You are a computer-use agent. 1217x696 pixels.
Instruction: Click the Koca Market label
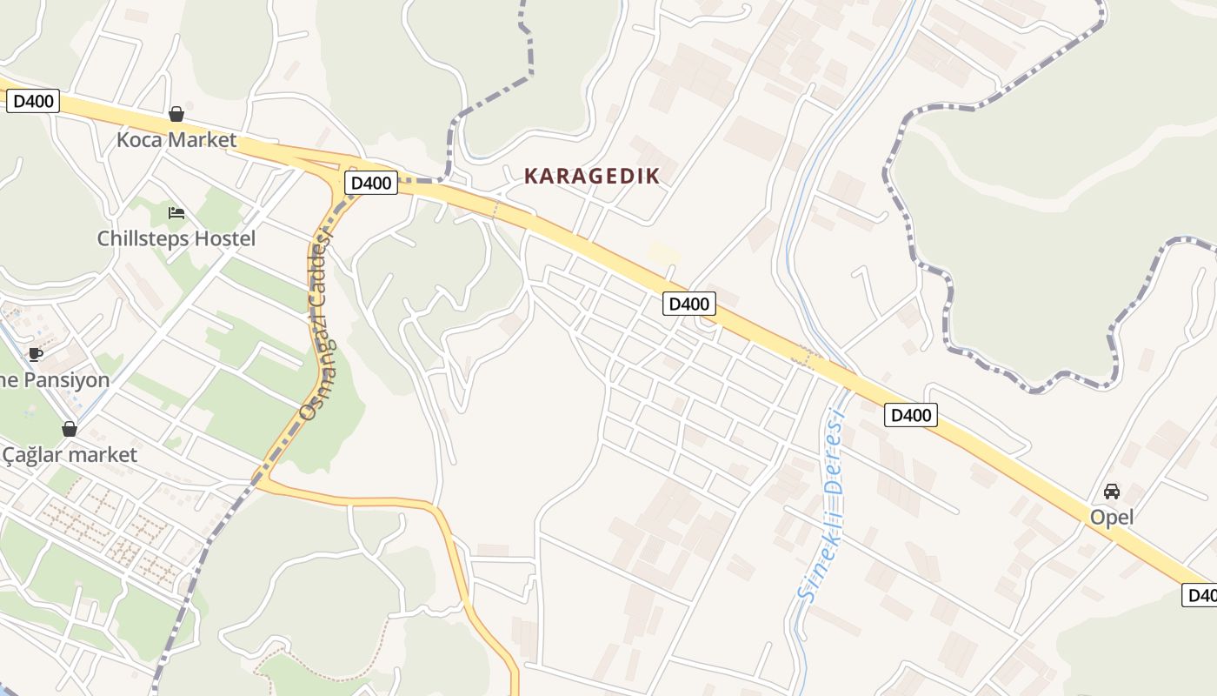(176, 140)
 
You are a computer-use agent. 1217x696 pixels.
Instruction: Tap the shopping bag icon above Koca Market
(176, 114)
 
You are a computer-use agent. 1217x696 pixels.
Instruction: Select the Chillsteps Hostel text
(176, 238)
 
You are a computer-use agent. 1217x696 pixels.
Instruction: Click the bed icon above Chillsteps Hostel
(176, 212)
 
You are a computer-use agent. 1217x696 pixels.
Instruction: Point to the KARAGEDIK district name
(592, 176)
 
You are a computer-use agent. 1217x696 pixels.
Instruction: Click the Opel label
(1112, 518)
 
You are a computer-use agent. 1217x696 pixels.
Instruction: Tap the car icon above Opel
(1112, 492)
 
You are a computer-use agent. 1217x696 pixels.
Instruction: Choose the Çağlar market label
(70, 455)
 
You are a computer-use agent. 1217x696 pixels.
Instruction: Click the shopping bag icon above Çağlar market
(70, 429)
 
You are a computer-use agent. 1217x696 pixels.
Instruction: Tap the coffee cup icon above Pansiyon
(35, 354)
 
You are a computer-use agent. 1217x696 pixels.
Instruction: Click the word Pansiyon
(66, 380)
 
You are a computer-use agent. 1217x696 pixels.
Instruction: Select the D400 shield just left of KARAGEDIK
(371, 183)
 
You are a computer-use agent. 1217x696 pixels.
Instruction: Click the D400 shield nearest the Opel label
(912, 415)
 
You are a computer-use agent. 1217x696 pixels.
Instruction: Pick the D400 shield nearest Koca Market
(33, 101)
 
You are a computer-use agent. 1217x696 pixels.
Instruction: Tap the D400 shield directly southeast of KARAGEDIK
(689, 304)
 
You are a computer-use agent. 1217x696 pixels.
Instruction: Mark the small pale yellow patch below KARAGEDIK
(663, 253)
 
